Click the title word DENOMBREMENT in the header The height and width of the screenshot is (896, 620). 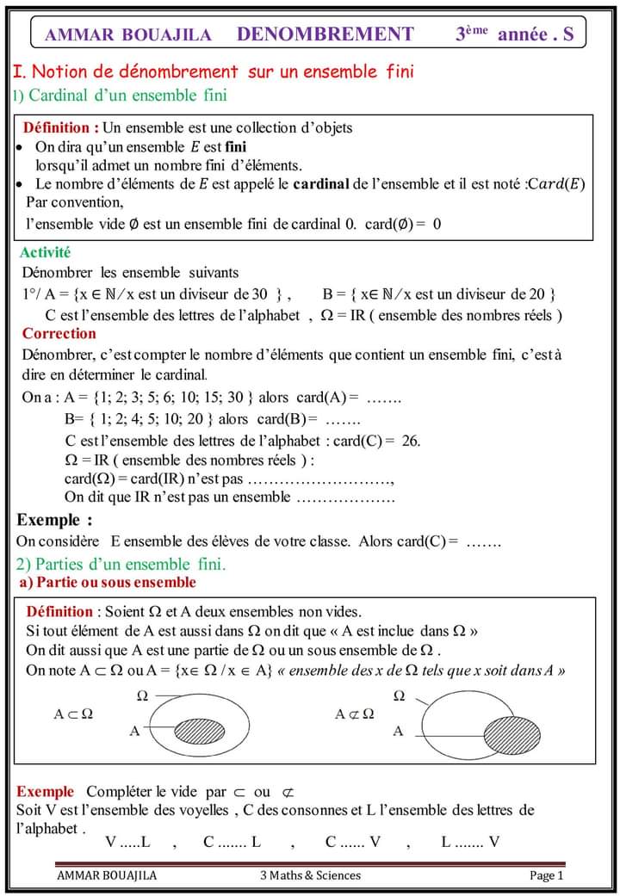click(x=325, y=34)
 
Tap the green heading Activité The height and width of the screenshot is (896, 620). click(x=45, y=253)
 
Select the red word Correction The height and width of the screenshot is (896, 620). click(x=59, y=334)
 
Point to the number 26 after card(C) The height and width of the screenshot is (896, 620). click(x=411, y=441)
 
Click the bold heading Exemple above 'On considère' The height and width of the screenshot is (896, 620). click(x=54, y=520)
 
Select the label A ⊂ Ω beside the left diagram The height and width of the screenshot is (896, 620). click(x=74, y=714)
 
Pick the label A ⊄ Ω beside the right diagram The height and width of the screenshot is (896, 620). click(x=355, y=714)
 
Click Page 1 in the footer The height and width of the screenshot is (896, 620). click(x=546, y=876)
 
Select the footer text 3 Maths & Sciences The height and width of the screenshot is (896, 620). click(x=310, y=876)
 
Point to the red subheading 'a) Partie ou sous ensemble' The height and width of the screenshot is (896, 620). click(x=108, y=583)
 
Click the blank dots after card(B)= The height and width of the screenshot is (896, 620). click(x=343, y=420)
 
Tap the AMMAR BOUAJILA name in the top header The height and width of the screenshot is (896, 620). click(x=127, y=35)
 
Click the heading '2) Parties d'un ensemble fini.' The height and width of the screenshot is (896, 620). click(x=121, y=565)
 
